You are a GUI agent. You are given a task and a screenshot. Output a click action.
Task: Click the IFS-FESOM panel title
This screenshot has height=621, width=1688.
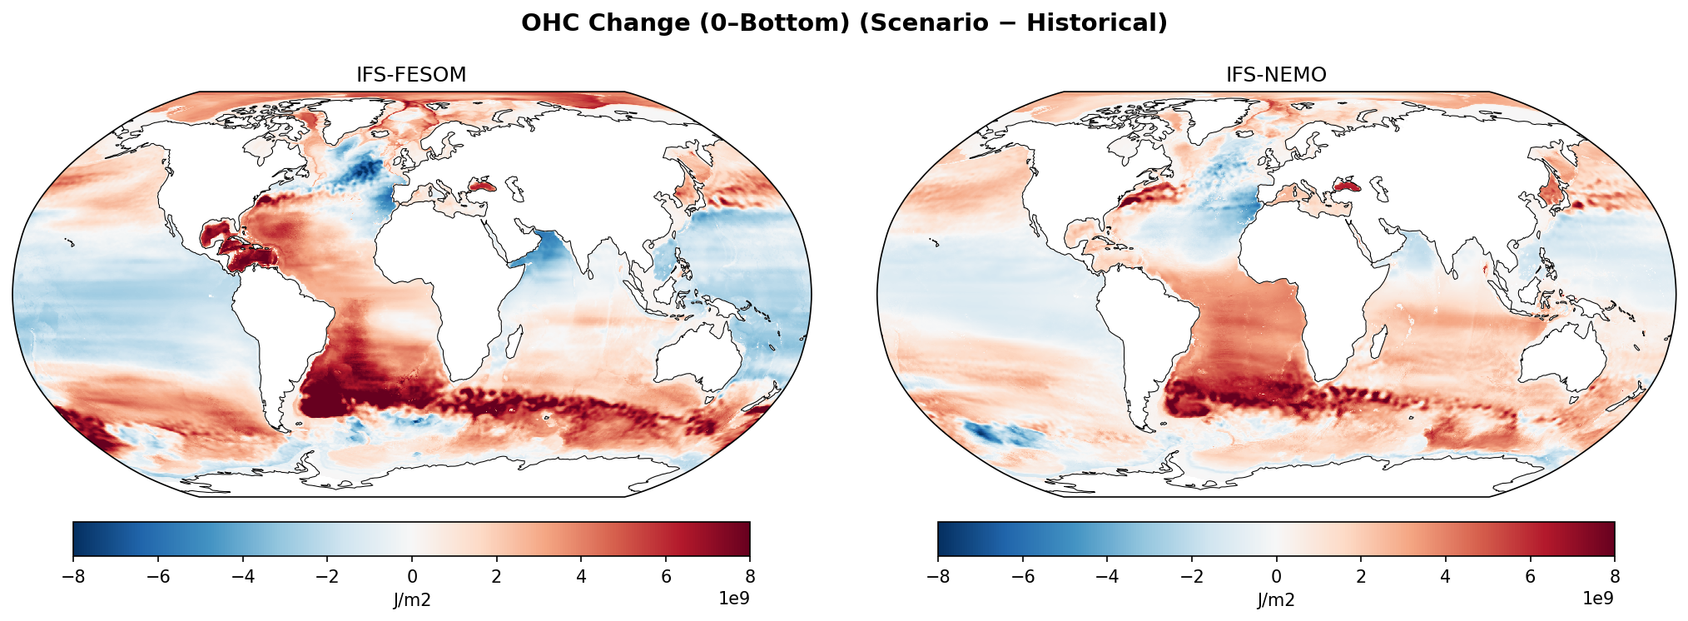(411, 75)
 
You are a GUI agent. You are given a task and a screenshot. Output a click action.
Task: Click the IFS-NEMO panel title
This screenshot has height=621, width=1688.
(1276, 75)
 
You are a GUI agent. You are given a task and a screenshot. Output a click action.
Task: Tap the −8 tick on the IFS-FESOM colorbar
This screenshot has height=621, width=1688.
(73, 577)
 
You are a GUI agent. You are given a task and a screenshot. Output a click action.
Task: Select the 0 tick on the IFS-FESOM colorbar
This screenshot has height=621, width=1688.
(411, 577)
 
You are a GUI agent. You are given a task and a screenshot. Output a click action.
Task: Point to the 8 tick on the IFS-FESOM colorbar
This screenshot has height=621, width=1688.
(749, 577)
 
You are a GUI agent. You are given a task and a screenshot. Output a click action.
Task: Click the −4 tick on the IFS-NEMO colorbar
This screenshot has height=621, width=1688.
(1107, 577)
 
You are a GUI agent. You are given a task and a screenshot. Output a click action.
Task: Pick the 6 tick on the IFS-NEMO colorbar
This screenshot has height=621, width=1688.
(1530, 577)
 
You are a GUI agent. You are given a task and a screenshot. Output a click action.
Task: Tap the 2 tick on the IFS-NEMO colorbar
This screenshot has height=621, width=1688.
(1361, 577)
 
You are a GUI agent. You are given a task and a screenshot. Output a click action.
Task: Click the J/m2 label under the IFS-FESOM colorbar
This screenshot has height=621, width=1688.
(411, 600)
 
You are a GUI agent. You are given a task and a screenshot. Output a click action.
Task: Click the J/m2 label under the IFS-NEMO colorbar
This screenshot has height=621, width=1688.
(1276, 600)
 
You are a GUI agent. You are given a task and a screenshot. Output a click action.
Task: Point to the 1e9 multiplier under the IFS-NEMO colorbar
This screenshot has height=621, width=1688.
(1597, 598)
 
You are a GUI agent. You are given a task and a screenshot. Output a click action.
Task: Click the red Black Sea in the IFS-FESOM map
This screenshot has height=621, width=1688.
(481, 186)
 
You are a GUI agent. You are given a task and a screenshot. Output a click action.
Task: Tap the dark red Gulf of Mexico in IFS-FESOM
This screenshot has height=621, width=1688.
(218, 234)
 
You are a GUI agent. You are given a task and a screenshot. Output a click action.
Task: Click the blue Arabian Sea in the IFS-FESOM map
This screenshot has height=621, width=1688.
(551, 250)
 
